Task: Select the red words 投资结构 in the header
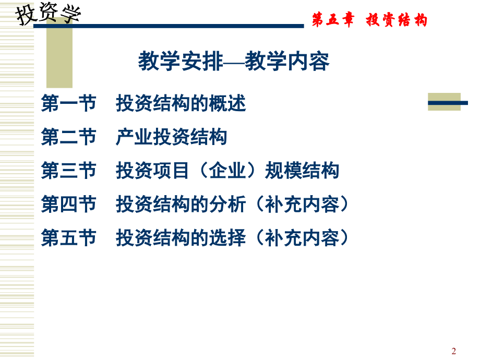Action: [x=397, y=20]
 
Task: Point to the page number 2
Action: [x=453, y=351]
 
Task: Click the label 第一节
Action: [x=68, y=104]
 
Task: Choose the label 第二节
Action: [x=68, y=137]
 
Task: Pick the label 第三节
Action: [x=68, y=171]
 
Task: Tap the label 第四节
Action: [x=68, y=205]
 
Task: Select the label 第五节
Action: [x=68, y=238]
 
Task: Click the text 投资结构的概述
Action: [x=181, y=104]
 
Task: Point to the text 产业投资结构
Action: [x=171, y=137]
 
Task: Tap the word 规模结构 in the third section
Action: [x=302, y=171]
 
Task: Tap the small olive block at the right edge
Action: [x=445, y=101]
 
